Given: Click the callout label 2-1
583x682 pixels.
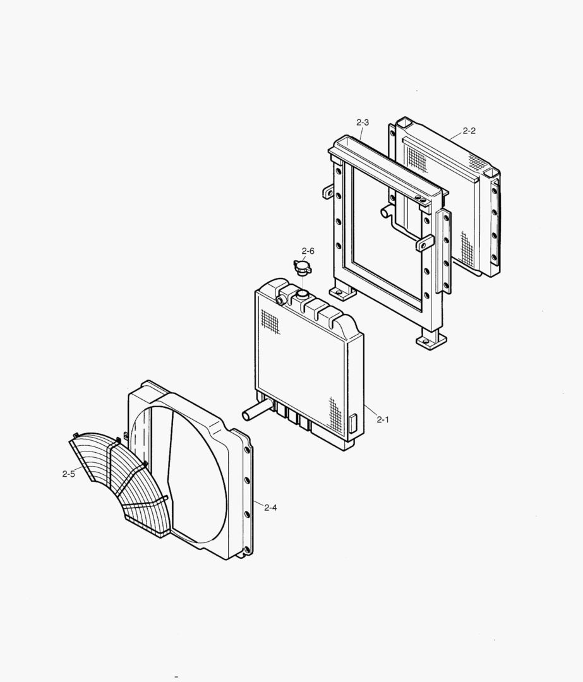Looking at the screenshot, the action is tap(382, 419).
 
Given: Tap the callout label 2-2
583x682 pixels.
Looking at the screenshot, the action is tap(469, 131).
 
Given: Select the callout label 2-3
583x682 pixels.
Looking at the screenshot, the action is tap(363, 123).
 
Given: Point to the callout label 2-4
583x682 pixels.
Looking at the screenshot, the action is tap(270, 507).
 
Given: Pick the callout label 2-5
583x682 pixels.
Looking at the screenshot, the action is tap(68, 474).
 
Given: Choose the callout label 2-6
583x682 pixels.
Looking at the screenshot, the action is tap(308, 251).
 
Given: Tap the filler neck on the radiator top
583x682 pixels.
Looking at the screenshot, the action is tap(301, 296).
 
